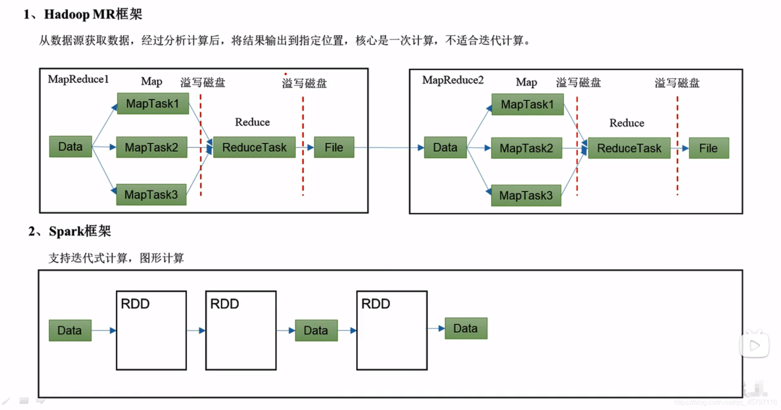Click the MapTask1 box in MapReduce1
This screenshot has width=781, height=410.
click(153, 104)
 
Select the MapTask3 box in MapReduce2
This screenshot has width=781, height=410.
click(526, 195)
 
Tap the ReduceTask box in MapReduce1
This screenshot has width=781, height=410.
click(254, 147)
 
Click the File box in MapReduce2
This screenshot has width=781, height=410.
click(708, 148)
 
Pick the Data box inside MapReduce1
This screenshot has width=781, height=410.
click(70, 146)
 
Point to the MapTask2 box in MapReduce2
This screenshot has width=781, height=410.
click(526, 148)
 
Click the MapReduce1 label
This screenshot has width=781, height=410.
click(78, 79)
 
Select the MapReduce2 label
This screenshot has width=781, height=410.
click(453, 80)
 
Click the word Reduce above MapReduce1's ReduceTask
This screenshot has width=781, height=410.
click(252, 122)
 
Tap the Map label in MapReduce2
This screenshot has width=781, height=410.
click(526, 82)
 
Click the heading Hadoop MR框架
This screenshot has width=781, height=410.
click(93, 14)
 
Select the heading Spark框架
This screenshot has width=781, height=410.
click(80, 231)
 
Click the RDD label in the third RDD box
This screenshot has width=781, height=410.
click(375, 304)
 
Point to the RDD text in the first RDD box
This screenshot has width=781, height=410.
click(135, 304)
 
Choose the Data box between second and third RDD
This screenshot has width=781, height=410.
click(316, 330)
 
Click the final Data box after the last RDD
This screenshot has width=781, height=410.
click(466, 328)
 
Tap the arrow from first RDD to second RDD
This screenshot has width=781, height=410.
click(196, 330)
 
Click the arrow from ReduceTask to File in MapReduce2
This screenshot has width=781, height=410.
click(680, 148)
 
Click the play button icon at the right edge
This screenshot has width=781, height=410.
click(754, 345)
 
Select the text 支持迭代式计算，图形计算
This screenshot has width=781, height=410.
click(116, 258)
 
